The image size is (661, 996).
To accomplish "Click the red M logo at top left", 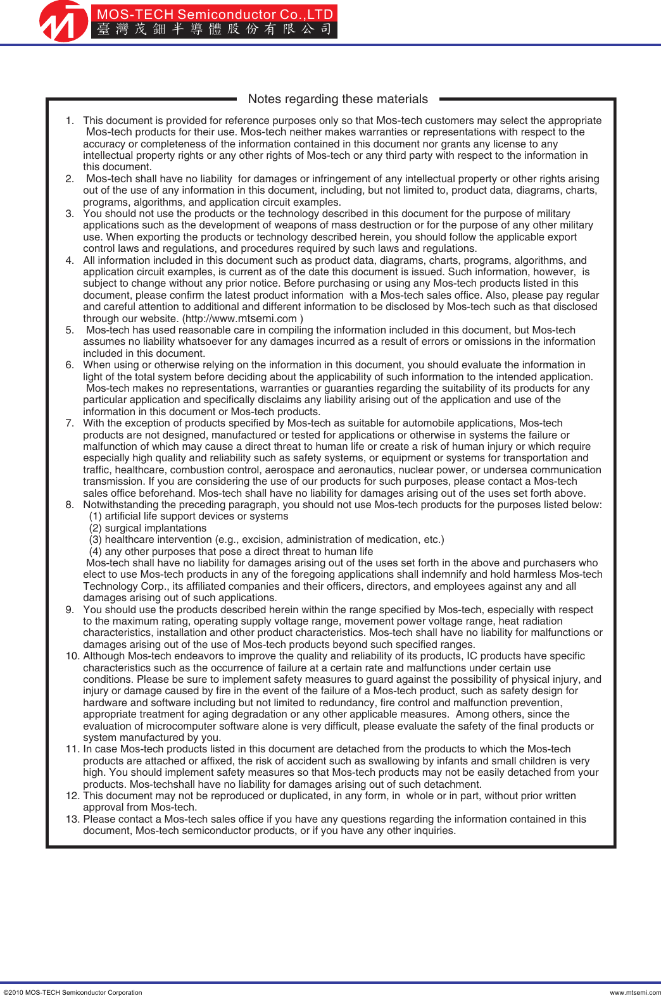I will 63,22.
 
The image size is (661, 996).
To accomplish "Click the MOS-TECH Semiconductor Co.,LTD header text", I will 215,14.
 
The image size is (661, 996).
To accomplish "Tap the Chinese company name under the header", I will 215,29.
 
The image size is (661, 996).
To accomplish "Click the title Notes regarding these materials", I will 337,99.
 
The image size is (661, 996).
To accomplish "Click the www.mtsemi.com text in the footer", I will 634,992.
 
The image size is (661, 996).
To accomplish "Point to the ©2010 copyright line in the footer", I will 73,992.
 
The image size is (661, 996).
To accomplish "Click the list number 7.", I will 70,423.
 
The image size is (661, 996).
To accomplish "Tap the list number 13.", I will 73,819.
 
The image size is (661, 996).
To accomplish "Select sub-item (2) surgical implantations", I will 148,528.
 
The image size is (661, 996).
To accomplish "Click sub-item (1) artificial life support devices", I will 188,516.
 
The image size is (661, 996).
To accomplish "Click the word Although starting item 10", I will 104,656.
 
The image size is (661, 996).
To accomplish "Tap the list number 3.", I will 70,214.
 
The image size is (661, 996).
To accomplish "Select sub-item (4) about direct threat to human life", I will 230,552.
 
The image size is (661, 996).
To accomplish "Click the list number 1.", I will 70,121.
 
